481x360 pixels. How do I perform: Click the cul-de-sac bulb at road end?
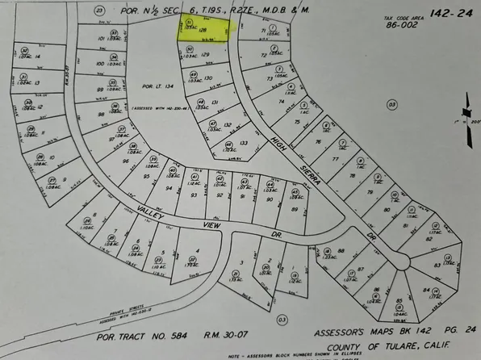pyautogui.click(x=404, y=260)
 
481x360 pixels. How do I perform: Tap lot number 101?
pyautogui.click(x=102, y=38)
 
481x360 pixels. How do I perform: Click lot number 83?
pyautogui.click(x=437, y=264)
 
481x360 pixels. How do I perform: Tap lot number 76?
pyautogui.click(x=318, y=142)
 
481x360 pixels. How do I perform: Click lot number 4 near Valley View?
pyautogui.click(x=197, y=251)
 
